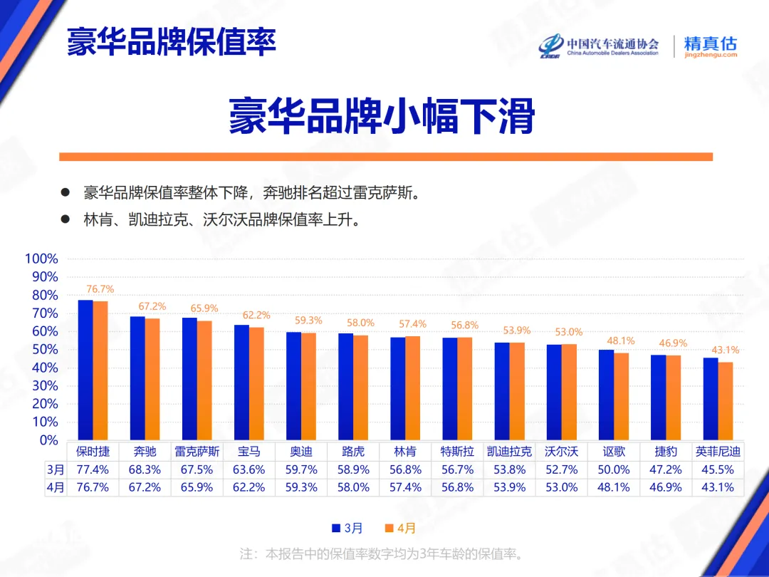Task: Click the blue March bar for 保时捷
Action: pos(85,370)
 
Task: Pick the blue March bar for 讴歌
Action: pos(606,395)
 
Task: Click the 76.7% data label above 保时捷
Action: pos(100,289)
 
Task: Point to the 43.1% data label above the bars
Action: pos(725,350)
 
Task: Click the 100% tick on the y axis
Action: pos(41,259)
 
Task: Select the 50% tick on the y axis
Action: pos(44,350)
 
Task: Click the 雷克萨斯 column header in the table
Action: pos(197,452)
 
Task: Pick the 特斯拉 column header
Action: pos(457,452)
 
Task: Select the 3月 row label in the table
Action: pos(56,470)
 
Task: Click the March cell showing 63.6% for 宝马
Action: pos(249,470)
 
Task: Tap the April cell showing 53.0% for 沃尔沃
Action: pos(561,488)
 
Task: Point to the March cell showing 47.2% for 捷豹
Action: pos(665,470)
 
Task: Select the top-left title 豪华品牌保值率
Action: pos(171,42)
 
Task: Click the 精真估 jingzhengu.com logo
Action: pos(710,46)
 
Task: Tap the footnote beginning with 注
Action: pos(382,553)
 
